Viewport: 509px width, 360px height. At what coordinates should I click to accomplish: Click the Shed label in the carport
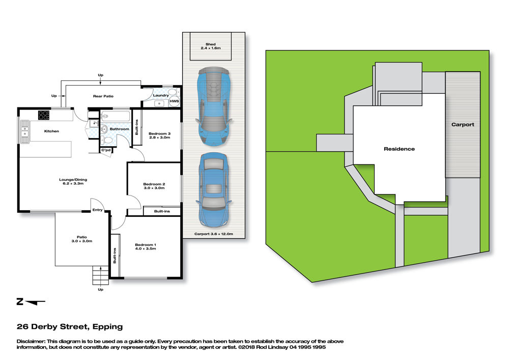pyautogui.click(x=210, y=44)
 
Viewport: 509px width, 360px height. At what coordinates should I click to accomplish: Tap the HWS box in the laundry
pyautogui.click(x=174, y=101)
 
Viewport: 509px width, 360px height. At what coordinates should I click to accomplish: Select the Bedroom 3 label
pyautogui.click(x=159, y=133)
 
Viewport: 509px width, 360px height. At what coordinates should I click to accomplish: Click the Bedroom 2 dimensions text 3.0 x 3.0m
pyautogui.click(x=154, y=188)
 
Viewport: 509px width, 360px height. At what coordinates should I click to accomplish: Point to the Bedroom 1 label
pyautogui.click(x=146, y=245)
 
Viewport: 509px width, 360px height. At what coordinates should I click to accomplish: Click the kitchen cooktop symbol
pyautogui.click(x=44, y=115)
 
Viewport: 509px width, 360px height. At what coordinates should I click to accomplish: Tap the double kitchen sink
pyautogui.click(x=24, y=131)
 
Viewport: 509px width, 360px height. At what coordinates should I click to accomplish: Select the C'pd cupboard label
pyautogui.click(x=106, y=150)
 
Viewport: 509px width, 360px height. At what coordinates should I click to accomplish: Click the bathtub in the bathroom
pyautogui.click(x=116, y=116)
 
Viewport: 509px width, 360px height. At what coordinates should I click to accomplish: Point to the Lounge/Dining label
pyautogui.click(x=73, y=180)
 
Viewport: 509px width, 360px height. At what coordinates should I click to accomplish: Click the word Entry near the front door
pyautogui.click(x=97, y=210)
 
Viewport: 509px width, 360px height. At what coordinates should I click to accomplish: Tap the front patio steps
pyautogui.click(x=101, y=275)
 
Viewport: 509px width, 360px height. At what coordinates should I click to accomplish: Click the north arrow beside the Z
pyautogui.click(x=35, y=302)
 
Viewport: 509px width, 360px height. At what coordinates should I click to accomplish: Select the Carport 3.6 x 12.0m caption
pyautogui.click(x=214, y=234)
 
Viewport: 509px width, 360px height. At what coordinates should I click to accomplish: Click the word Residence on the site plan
pyautogui.click(x=399, y=149)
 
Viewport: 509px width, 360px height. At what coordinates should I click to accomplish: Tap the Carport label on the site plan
pyautogui.click(x=463, y=125)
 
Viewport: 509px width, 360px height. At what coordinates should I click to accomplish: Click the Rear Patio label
pyautogui.click(x=103, y=96)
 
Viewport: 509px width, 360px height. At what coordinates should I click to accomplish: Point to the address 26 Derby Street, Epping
pyautogui.click(x=70, y=327)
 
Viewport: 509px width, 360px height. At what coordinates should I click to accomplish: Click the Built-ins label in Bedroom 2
pyautogui.click(x=162, y=211)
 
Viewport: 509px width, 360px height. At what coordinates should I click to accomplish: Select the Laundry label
pyautogui.click(x=161, y=95)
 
